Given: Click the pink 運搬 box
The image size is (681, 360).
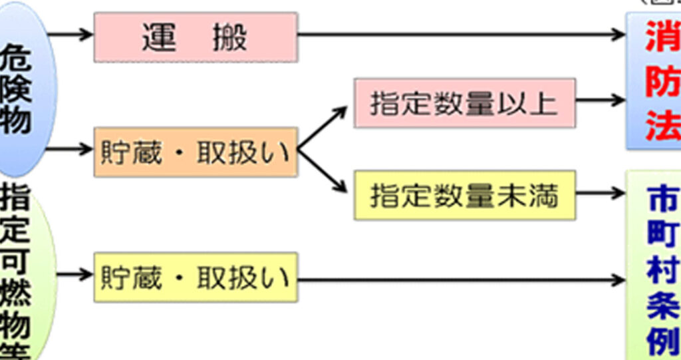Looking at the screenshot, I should click(x=195, y=37).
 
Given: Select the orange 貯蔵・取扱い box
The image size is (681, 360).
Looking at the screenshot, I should click(x=195, y=152).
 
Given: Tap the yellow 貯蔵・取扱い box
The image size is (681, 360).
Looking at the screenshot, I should click(x=195, y=277).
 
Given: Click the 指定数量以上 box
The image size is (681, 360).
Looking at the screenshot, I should click(x=464, y=103).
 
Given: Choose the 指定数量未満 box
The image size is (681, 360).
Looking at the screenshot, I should click(x=464, y=195).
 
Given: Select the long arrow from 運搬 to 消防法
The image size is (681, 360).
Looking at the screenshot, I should click(x=459, y=35).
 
